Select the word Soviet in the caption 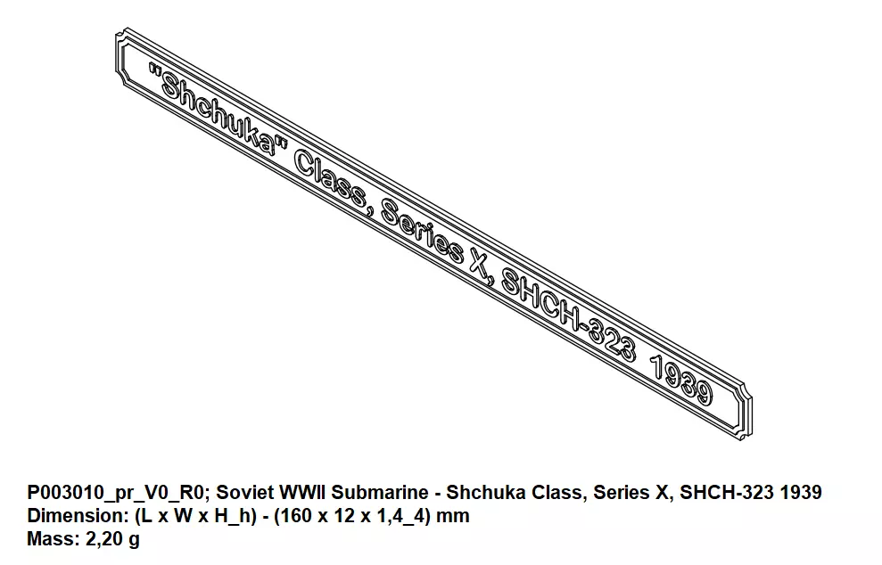241,493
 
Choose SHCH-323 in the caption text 727,493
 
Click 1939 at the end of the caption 802,493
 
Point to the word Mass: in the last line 50,539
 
